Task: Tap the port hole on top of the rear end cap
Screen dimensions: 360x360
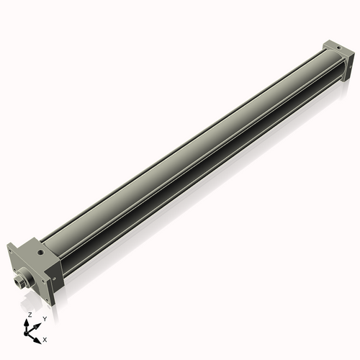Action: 336,48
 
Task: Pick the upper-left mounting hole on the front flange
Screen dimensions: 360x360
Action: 9,251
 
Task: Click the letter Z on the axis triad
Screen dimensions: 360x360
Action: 29,315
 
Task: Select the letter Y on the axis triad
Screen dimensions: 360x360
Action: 44,318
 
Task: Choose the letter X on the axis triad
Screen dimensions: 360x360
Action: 45,338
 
